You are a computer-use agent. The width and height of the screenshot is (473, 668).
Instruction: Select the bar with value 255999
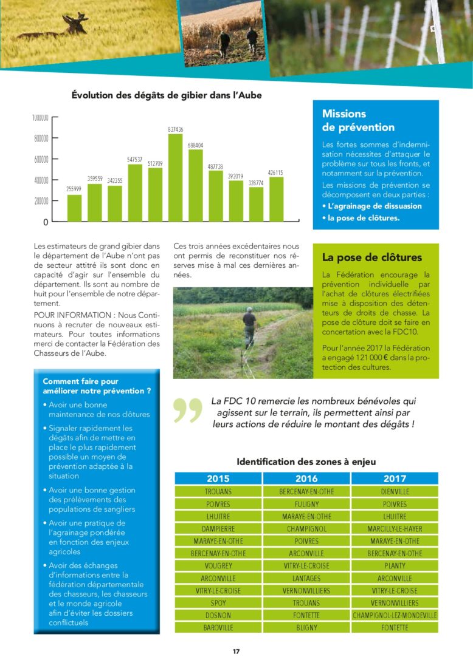click(x=74, y=208)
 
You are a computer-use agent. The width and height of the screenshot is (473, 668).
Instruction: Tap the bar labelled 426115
click(x=276, y=199)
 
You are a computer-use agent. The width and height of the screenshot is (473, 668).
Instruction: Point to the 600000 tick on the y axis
click(x=41, y=159)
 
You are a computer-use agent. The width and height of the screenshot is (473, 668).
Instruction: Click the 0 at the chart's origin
click(x=46, y=223)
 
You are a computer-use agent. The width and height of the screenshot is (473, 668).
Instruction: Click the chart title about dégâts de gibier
click(x=167, y=95)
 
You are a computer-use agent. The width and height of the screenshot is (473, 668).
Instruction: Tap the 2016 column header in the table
click(x=306, y=479)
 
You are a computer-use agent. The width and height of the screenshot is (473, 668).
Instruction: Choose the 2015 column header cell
click(x=218, y=479)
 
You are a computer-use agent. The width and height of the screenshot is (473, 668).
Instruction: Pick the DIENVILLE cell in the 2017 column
click(x=395, y=491)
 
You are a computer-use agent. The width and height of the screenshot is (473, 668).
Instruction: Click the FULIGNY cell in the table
click(x=306, y=504)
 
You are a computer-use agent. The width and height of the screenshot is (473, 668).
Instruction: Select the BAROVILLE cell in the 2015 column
click(x=218, y=627)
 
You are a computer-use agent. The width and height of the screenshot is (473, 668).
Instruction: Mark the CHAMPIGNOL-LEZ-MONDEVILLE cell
click(x=395, y=615)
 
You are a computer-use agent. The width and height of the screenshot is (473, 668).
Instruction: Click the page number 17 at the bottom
click(x=236, y=652)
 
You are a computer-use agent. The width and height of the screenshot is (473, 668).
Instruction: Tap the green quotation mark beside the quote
click(x=187, y=410)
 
